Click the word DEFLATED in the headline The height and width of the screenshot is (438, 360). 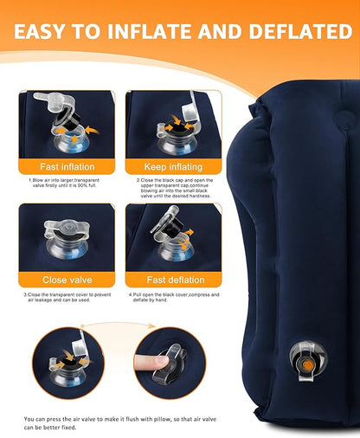300,31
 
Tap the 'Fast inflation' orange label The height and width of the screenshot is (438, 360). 67,167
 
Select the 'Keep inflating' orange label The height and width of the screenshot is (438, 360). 173,167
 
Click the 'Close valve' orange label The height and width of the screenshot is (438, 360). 67,280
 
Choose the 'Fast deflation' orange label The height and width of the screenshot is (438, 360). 176,280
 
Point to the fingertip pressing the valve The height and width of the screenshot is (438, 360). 157,362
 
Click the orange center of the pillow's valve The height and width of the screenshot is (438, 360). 308,365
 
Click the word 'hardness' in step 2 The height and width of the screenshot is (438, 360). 201,196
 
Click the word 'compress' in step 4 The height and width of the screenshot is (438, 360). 200,295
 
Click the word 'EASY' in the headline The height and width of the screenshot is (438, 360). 39,31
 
